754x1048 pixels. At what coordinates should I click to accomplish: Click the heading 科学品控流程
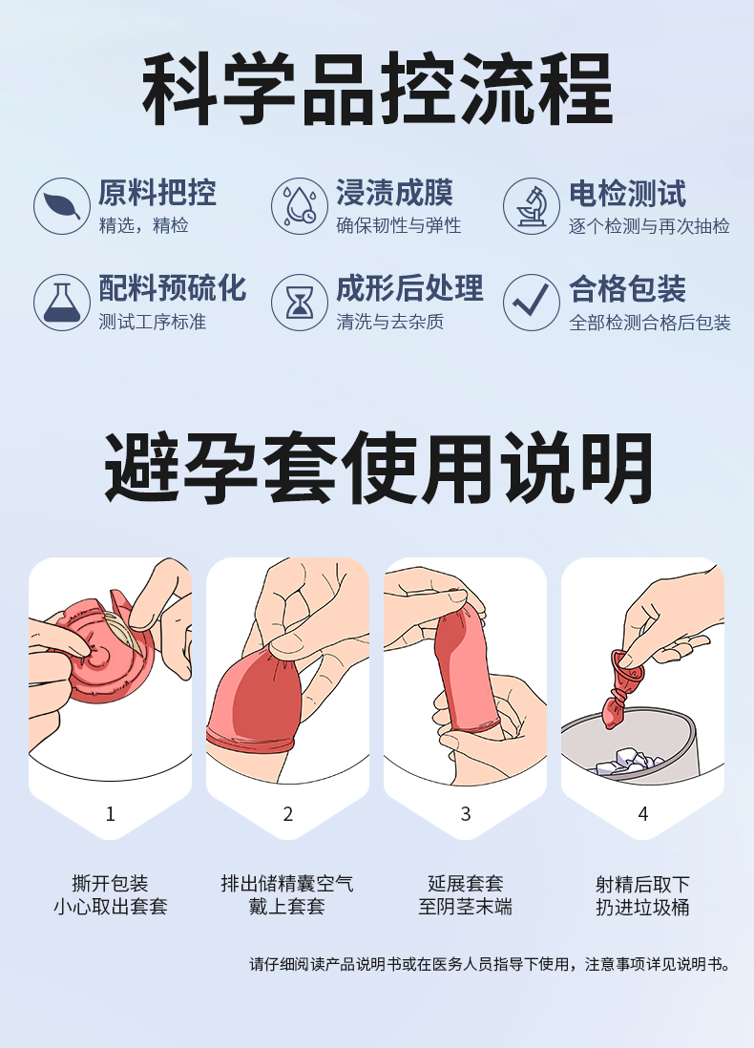[378, 90]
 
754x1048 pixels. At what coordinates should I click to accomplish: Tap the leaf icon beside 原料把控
[61, 206]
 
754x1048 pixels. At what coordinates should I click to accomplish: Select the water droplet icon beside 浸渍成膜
[300, 206]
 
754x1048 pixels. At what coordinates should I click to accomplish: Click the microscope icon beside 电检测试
[532, 206]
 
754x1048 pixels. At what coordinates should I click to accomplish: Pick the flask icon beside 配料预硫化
[61, 303]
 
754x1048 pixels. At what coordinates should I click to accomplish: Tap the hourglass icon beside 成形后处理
[300, 303]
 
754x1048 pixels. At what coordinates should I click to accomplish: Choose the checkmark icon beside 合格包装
[532, 303]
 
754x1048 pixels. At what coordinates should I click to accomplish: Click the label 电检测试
[627, 194]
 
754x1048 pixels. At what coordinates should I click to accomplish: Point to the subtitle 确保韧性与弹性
[398, 226]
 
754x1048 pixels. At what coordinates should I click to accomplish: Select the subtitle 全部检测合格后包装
[650, 323]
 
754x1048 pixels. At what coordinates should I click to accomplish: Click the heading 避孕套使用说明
[378, 467]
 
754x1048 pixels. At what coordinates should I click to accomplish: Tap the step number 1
[111, 813]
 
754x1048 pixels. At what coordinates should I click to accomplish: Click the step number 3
[465, 813]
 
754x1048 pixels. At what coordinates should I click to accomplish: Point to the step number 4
[643, 813]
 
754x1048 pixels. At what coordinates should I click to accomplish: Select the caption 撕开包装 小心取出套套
[111, 895]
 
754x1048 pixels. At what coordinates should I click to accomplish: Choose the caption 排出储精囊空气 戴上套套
[287, 895]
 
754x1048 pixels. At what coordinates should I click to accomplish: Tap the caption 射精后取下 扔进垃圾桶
[642, 895]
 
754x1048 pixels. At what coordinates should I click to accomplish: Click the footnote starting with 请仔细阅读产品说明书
[491, 964]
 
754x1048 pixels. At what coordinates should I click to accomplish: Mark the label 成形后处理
[409, 289]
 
